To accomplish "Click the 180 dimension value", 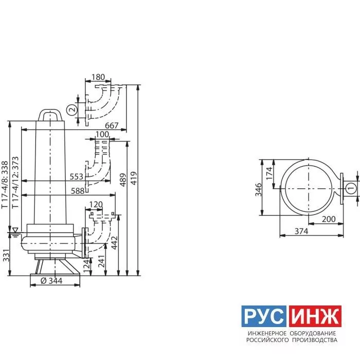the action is pos(98,77).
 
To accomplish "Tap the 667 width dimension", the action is pos(112,125).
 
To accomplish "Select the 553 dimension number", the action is pos(77,176).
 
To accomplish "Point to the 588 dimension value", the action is pos(78,191).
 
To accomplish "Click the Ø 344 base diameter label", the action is pos(51,281).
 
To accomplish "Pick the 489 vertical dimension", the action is pos(123,180).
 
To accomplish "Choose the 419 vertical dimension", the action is pos(133,178).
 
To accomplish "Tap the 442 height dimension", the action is pos(114,243).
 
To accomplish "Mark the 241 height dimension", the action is pos(101,261).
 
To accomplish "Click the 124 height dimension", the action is pos(87,266).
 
